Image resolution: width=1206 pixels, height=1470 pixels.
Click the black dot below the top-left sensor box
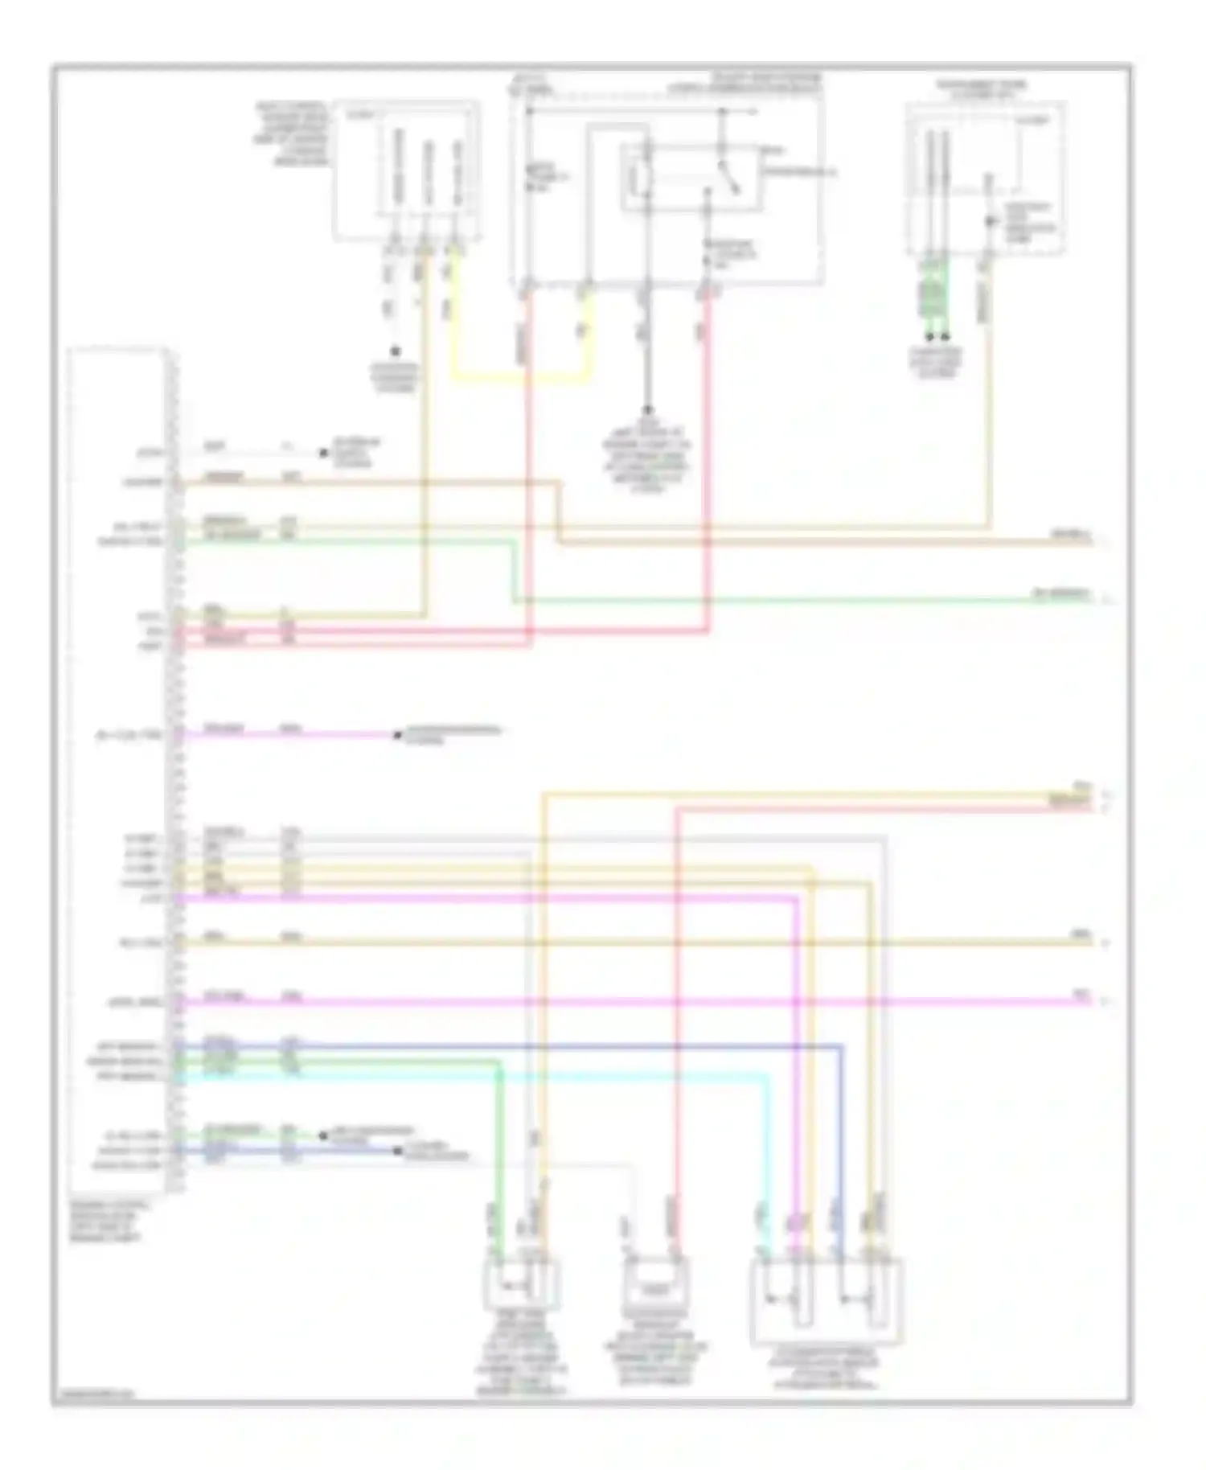395,352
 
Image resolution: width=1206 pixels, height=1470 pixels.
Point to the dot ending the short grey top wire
324,453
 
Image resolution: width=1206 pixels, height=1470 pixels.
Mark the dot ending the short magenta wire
397,735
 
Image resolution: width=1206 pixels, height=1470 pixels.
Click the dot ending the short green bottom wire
323,1135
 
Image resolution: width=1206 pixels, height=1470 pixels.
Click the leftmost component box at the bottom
521,1283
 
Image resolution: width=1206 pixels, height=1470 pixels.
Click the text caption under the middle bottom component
655,1353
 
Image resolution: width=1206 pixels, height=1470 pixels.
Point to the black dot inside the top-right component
989,220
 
